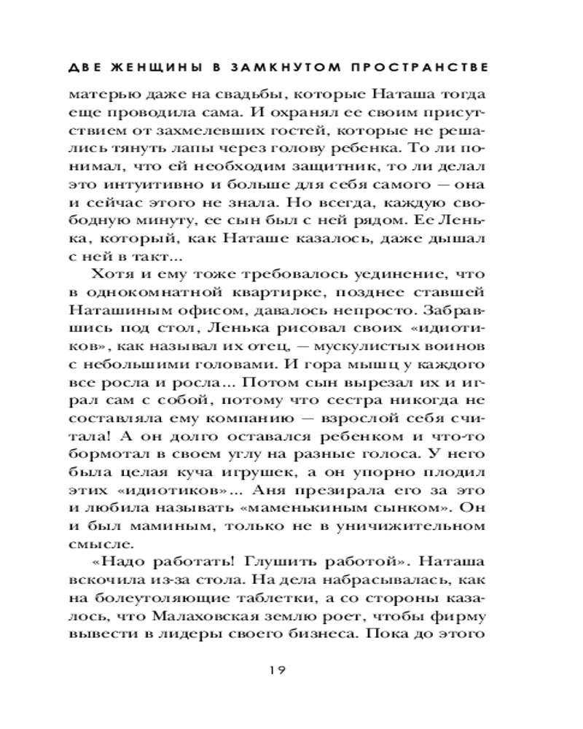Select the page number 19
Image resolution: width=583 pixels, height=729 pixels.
(291, 668)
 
